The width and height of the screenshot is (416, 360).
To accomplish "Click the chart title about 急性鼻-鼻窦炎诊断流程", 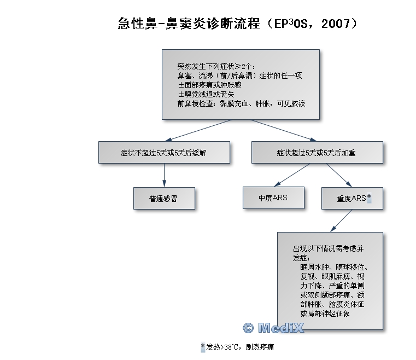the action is pos(238,24).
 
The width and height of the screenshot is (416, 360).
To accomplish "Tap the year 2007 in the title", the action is pos(336,24).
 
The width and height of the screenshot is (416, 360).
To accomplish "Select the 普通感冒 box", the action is pos(164,198).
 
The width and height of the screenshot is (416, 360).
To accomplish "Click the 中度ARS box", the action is pos(273,198).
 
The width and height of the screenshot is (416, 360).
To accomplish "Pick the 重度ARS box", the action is pos(353,198).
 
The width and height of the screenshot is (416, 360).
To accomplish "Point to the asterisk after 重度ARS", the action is pos(369,198).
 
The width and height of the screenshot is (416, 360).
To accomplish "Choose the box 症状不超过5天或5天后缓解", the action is pos(164,153).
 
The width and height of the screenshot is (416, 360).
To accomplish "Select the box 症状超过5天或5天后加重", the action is pos(317,153).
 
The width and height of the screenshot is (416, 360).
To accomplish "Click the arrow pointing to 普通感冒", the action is pos(164,175).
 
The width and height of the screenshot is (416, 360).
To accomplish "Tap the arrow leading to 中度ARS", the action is pos(292,175).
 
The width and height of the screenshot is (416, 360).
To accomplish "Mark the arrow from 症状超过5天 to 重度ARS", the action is pos(339,175).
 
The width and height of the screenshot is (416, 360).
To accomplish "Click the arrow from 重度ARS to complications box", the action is pos(342,220).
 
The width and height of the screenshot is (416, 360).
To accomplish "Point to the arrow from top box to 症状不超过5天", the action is pos(198,130).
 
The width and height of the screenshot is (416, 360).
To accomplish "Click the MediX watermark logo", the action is pos(273,328).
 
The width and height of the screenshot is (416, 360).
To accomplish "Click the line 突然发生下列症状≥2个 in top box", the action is pos(216,66).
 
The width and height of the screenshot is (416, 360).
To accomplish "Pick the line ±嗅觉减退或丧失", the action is pos(206,94).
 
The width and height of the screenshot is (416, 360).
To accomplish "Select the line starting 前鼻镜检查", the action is pos(241,103).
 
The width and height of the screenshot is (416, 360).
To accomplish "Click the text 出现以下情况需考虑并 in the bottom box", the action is pos(328,249).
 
